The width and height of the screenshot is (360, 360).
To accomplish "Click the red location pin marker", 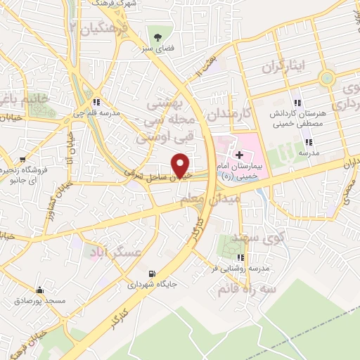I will (181, 166).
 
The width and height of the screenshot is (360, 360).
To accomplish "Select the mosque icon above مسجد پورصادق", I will (39, 290).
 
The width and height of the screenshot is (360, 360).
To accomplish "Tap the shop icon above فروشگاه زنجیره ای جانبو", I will (23, 159).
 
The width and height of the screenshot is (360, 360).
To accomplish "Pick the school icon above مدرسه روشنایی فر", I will (242, 257).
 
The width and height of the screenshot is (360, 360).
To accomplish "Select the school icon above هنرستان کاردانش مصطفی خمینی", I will (296, 102).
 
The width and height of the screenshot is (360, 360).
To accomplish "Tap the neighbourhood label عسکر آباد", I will (114, 251).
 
